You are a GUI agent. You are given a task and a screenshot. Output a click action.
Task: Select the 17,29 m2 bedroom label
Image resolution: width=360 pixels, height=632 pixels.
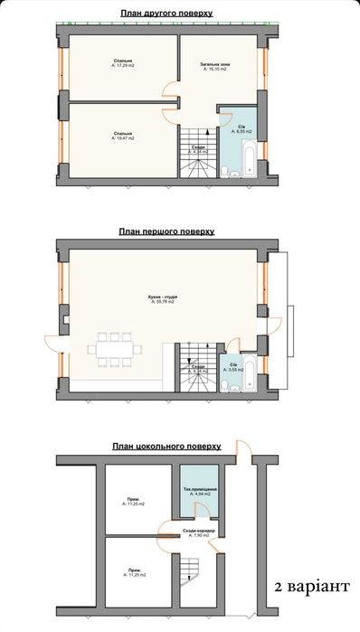(123, 63)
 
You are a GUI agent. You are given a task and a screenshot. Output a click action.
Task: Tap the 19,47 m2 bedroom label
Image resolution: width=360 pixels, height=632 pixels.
(123, 136)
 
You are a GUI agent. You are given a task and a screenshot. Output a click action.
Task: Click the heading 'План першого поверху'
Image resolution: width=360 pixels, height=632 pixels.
(166, 231)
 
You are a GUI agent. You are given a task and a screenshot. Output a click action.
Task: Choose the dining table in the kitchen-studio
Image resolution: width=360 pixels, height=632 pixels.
(114, 348)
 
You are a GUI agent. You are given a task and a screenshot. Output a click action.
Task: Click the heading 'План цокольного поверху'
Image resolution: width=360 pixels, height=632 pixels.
(166, 446)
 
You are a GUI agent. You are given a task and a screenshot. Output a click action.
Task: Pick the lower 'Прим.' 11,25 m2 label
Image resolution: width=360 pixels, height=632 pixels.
(134, 572)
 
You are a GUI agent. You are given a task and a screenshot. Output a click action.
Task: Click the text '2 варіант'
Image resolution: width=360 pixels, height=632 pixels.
(310, 587)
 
